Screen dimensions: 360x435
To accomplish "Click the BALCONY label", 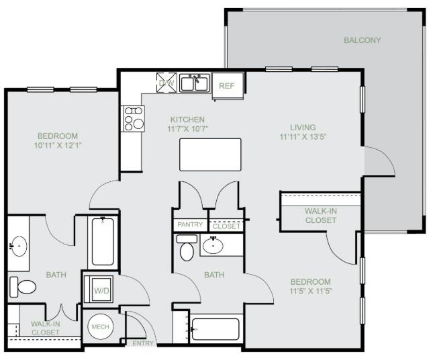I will [x=362, y=40].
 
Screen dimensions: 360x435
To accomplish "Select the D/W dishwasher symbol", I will [x=165, y=83].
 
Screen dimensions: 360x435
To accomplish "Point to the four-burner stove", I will [x=133, y=118].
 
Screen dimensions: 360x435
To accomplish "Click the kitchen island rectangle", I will [x=210, y=154].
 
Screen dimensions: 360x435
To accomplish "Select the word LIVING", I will [x=303, y=127].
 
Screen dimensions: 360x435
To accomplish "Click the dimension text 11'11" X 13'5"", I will [x=303, y=136].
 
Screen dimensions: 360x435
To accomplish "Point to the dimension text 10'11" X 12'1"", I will [x=58, y=144].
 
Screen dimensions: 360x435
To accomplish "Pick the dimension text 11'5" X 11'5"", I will [x=310, y=291].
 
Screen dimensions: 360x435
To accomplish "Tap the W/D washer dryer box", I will [x=101, y=291].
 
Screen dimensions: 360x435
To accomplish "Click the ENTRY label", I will [x=142, y=343].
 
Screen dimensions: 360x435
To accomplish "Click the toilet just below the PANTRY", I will [x=187, y=249].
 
